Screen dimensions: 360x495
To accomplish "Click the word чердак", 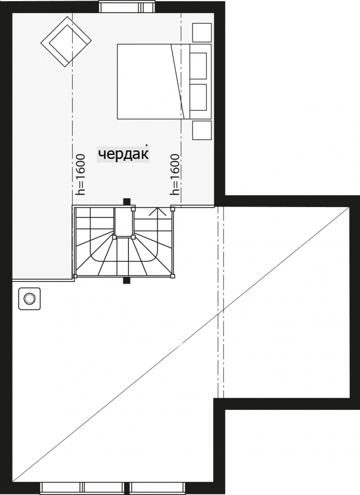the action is coord(123,155).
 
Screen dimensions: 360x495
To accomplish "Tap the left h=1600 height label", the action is coord(80,175).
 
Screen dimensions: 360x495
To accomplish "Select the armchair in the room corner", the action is coord(66,42).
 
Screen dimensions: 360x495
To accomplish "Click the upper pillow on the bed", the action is coord(198,66).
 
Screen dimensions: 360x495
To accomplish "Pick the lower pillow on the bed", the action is coord(198,97).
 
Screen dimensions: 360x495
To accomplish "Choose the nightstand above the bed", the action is coord(201,32).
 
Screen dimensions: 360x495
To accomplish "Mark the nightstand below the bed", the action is coord(201,131).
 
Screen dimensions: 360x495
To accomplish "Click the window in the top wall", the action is coord(127,7).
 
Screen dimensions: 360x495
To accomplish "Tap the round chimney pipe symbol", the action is coord(29,298).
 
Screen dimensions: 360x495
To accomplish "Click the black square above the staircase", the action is coord(127,202).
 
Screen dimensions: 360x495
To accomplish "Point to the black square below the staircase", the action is coord(127,280).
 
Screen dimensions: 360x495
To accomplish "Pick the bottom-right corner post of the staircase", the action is coord(173,276).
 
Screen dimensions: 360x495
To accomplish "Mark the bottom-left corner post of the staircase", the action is coord(75,276).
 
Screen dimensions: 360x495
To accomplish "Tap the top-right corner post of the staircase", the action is coord(173,208).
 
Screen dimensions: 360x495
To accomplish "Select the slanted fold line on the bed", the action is coord(178,81).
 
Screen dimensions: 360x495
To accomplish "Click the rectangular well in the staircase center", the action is coord(123,222).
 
